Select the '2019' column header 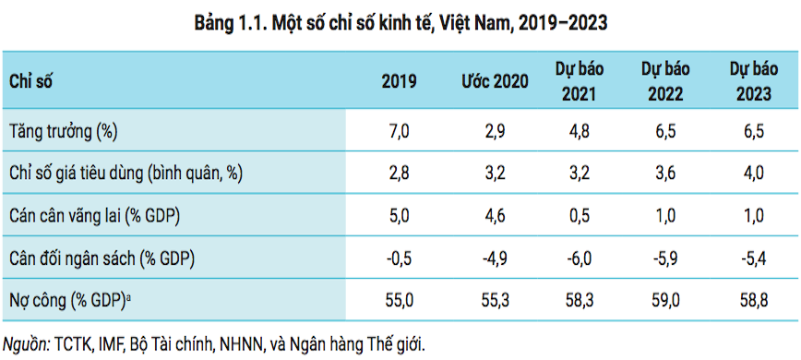pos(399,81)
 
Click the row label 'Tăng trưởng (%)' pos(63,131)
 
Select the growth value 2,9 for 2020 pos(495,131)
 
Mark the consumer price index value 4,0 pos(753,173)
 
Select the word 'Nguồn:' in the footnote pos(28,342)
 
